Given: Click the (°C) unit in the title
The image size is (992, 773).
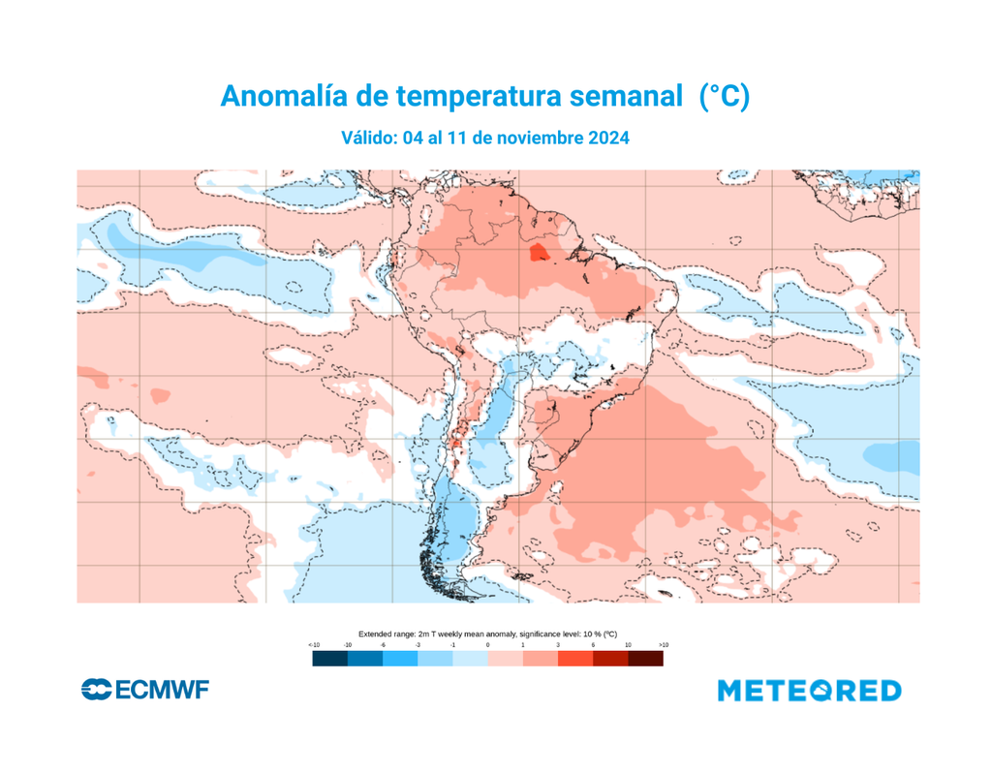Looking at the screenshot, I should pyautogui.click(x=726, y=96).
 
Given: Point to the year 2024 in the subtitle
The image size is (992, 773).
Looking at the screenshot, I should pyautogui.click(x=608, y=139).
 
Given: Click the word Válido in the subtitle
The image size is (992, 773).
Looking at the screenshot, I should pyautogui.click(x=370, y=139).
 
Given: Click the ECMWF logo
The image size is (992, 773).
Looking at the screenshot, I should pyautogui.click(x=145, y=690).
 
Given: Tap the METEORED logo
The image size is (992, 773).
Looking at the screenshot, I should pyautogui.click(x=810, y=691).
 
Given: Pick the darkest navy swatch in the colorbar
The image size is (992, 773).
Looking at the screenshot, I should pyautogui.click(x=329, y=659).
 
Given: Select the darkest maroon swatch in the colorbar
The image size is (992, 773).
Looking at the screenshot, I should pyautogui.click(x=645, y=659).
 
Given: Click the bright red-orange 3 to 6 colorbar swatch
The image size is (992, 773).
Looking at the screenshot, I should pyautogui.click(x=575, y=659).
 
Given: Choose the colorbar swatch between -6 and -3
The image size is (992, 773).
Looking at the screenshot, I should pyautogui.click(x=400, y=659).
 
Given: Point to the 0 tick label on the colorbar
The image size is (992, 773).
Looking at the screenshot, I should pyautogui.click(x=487, y=644).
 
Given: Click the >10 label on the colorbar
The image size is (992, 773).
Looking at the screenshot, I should pyautogui.click(x=663, y=644).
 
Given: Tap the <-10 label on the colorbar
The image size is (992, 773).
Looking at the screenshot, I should pyautogui.click(x=314, y=644).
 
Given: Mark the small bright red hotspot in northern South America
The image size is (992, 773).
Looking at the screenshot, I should pyautogui.click(x=537, y=254).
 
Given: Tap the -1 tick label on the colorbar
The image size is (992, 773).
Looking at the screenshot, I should pyautogui.click(x=452, y=644).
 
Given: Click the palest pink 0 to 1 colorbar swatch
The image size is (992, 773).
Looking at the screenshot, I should pyautogui.click(x=505, y=659).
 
